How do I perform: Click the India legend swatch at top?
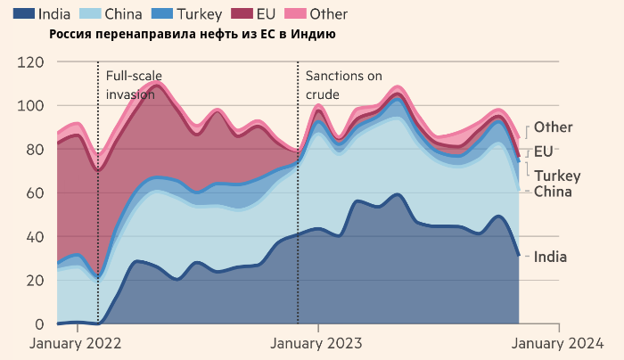click(22, 14)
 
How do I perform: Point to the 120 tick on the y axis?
click(31, 62)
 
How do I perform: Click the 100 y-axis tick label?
click(31, 106)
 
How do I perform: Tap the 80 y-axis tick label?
click(35, 150)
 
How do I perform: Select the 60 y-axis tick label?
click(35, 193)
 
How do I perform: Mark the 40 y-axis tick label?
click(35, 237)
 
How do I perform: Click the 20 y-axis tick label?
click(35, 281)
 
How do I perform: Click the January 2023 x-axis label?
click(316, 342)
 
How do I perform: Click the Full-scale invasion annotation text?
click(135, 86)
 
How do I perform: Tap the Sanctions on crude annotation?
click(343, 86)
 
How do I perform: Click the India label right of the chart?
click(550, 258)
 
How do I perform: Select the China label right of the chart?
click(553, 192)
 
